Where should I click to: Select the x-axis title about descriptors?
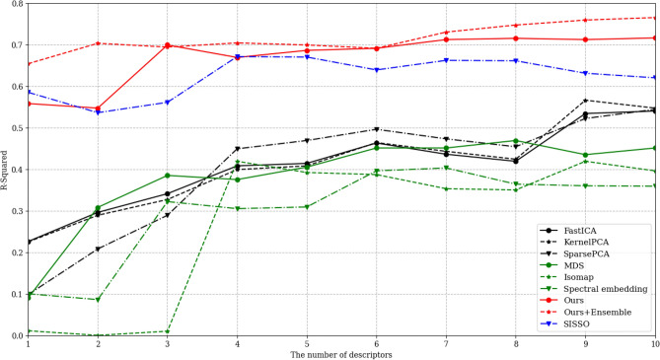tap(342, 354)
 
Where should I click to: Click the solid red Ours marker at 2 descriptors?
tap(96, 108)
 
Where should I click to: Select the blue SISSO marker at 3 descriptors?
tap(167, 102)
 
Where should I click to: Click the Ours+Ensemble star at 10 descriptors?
tap(654, 18)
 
